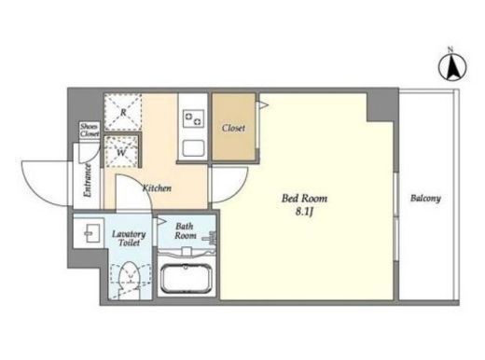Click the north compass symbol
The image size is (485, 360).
[x=452, y=67]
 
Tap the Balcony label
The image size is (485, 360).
[x=425, y=199]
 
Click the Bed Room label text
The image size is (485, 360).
[x=304, y=199]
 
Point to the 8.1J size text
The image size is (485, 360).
[x=304, y=212]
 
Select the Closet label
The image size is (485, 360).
[x=233, y=128]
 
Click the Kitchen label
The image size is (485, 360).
[x=157, y=188]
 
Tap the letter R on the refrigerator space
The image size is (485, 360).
[x=123, y=112]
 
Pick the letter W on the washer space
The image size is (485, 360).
[x=121, y=152]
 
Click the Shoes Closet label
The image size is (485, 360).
[x=90, y=131]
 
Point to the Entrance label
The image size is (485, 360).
[x=88, y=181]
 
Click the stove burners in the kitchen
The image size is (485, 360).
[x=193, y=118]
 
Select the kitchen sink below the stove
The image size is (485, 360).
[x=193, y=148]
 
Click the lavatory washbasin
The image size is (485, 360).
[x=89, y=233]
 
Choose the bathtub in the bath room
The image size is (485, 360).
[x=187, y=279]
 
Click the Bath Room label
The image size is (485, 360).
[x=185, y=230]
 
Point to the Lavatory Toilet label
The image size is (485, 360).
[x=129, y=238]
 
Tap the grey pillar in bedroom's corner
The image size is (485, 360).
[x=382, y=105]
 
